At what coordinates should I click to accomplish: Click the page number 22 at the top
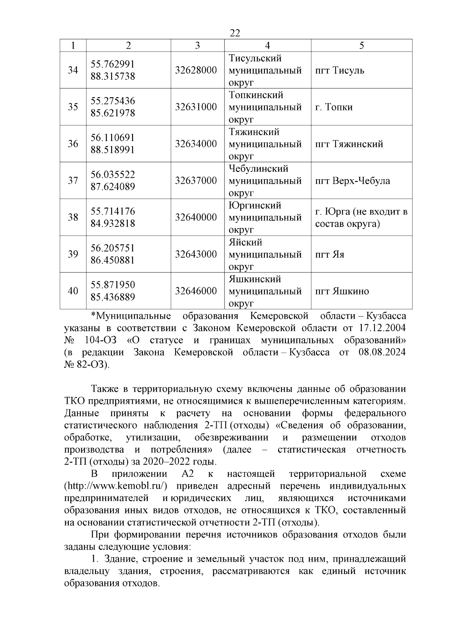click(235, 33)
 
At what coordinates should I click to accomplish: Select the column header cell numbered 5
click(361, 46)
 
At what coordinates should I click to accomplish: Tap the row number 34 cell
click(73, 70)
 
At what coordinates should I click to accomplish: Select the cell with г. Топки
click(334, 107)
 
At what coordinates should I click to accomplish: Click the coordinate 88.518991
click(113, 150)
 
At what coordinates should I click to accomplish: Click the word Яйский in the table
click(245, 242)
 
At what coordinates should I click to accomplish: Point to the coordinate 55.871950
click(113, 285)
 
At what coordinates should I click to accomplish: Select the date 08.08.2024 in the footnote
click(380, 352)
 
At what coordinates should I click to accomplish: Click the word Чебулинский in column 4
click(258, 169)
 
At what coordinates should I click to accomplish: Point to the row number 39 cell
click(73, 254)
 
